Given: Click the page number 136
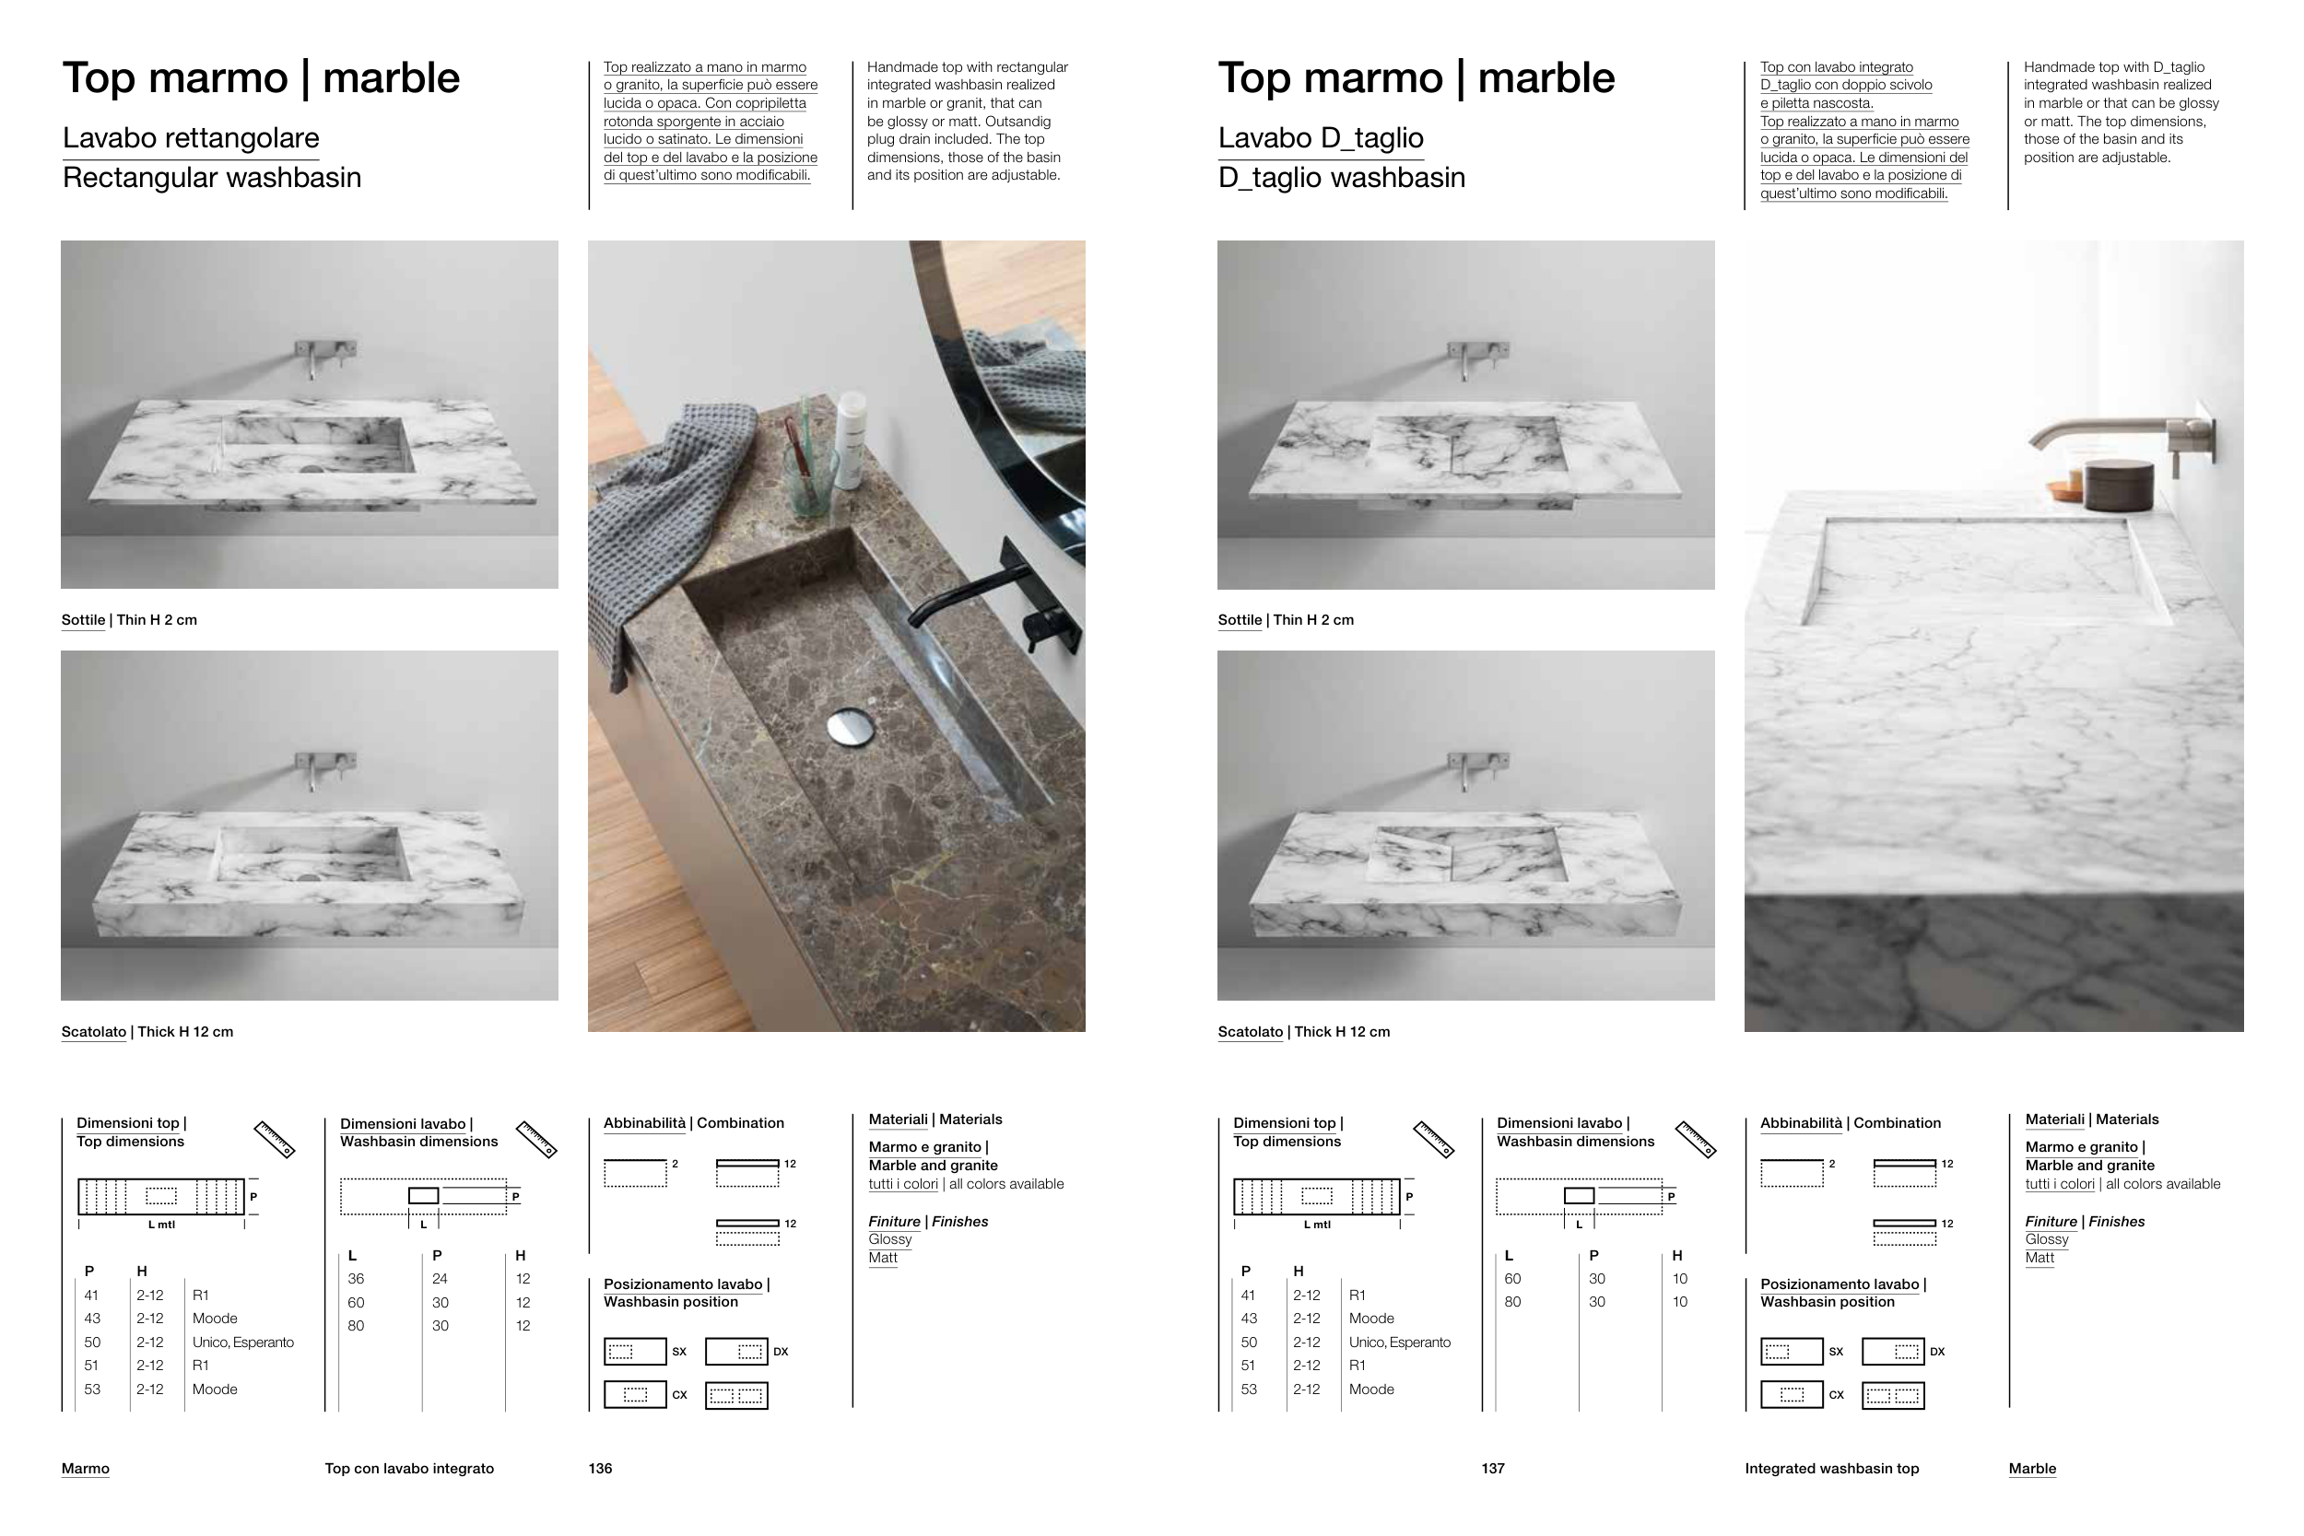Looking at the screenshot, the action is click(x=601, y=1469).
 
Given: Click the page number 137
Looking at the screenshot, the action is click(x=1493, y=1469).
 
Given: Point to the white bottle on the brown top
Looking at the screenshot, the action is click(x=851, y=439).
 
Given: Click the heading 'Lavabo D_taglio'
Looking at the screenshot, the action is click(x=1321, y=138).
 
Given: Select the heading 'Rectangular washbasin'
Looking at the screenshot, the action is click(x=212, y=177).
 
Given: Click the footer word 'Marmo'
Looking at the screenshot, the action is click(x=85, y=1469).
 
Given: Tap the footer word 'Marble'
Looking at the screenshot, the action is click(x=2032, y=1469).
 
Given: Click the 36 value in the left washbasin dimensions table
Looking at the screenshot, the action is click(x=356, y=1279).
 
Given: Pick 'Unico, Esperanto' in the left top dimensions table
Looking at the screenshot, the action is click(x=243, y=1342).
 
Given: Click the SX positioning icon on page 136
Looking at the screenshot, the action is click(x=635, y=1352).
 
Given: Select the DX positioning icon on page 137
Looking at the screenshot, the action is click(x=1893, y=1352).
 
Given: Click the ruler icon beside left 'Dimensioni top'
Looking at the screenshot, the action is click(x=275, y=1140).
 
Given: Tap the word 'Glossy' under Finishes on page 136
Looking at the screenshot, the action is click(x=889, y=1239).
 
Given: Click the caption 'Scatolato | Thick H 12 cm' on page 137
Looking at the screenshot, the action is click(x=1304, y=1031).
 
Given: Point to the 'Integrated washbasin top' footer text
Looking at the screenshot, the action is click(x=1832, y=1469).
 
